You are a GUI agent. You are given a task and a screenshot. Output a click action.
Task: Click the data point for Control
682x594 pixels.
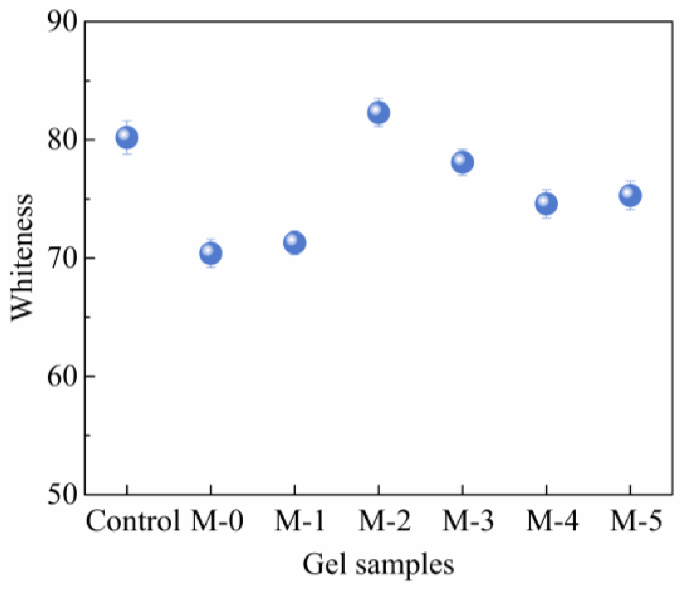point(127,137)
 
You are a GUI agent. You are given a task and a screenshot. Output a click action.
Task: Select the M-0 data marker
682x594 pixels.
point(211,253)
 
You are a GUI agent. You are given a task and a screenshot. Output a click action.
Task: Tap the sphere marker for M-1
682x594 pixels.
point(295,242)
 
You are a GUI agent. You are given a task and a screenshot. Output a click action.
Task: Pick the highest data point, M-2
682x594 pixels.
point(378,112)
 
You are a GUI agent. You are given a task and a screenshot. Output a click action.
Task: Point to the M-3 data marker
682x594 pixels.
point(462,162)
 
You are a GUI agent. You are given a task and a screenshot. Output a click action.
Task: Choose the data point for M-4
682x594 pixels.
point(546,204)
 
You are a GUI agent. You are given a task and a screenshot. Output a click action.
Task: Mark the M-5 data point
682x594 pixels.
point(630,195)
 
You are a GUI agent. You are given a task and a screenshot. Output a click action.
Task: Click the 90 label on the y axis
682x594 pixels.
point(63,22)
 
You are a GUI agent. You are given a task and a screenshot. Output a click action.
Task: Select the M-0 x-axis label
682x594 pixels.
point(217,521)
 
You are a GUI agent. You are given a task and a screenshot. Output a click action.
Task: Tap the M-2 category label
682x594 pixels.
point(385,521)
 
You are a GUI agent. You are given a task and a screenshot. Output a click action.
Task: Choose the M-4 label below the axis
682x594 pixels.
point(552,521)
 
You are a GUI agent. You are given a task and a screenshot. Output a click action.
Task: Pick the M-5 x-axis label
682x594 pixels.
point(636,521)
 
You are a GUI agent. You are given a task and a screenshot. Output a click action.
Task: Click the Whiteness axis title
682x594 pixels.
point(22,257)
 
